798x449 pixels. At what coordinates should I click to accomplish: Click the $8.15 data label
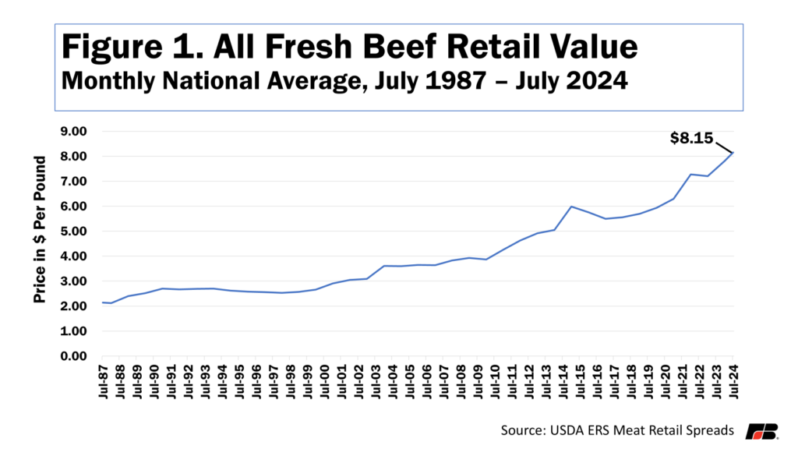[x=692, y=138]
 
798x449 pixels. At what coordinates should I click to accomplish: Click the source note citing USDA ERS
[x=616, y=430]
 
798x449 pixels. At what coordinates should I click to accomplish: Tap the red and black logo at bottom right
[x=761, y=430]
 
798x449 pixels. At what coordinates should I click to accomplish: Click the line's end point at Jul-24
[x=733, y=153]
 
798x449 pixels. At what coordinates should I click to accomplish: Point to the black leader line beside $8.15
[x=724, y=146]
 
